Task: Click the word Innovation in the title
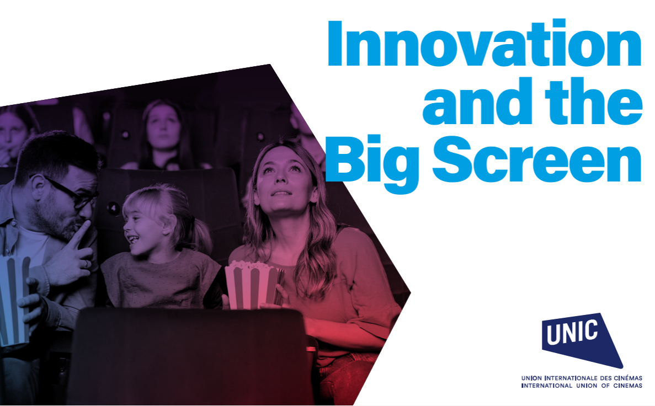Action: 484,44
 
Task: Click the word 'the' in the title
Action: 594,101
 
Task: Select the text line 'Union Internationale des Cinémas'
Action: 582,378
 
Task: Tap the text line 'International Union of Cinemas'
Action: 582,386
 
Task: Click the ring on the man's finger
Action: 86,264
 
